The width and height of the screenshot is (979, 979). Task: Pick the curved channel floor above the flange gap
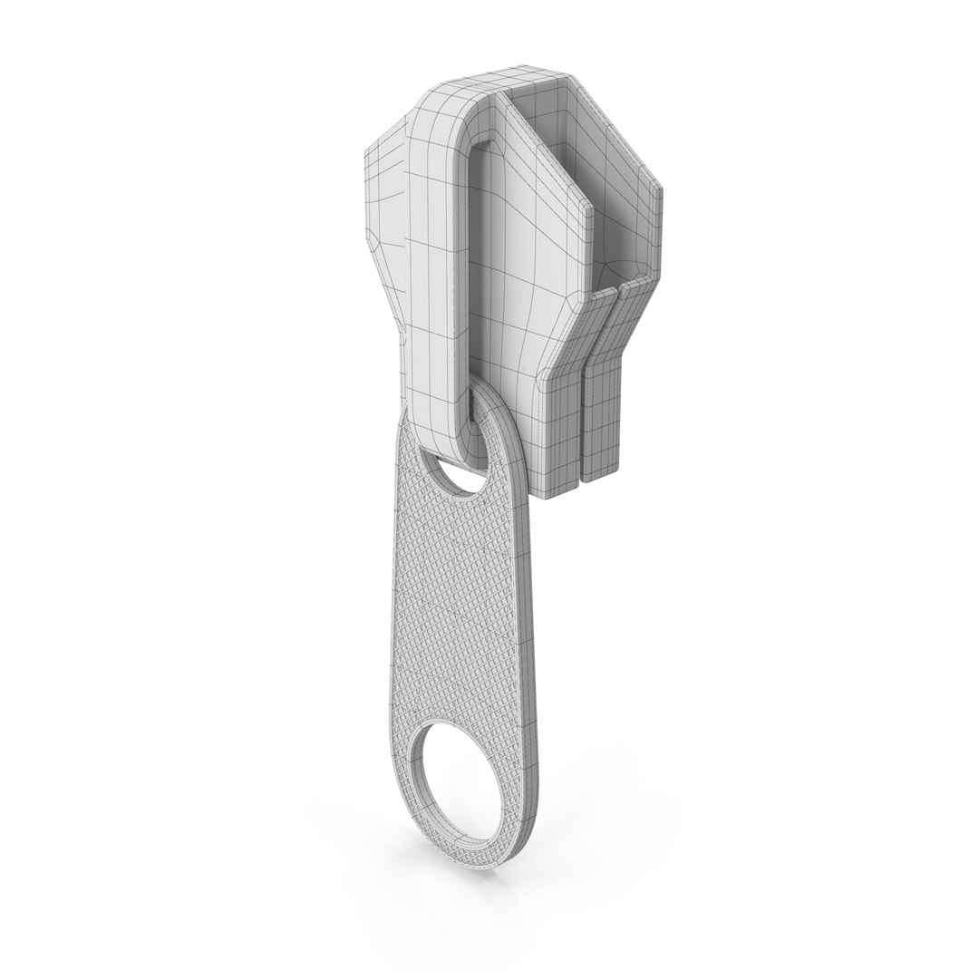pyautogui.click(x=625, y=272)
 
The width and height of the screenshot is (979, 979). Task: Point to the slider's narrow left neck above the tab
pyautogui.click(x=408, y=363)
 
